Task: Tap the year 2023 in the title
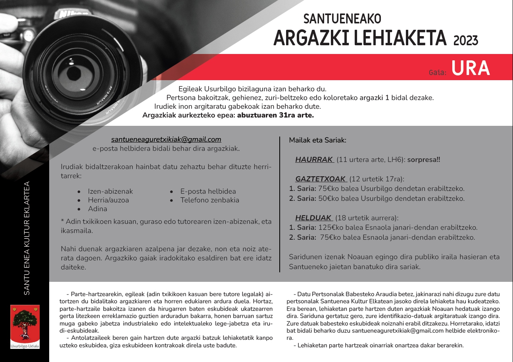[465, 40]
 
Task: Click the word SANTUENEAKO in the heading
[342, 19]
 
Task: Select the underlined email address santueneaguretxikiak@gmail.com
[166, 140]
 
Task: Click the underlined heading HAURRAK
[314, 160]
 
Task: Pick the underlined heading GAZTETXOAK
[321, 179]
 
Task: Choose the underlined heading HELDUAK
[313, 218]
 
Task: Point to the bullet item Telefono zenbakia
[209, 200]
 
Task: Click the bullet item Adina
[98, 209]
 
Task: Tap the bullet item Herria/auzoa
[108, 200]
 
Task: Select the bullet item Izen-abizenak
[110, 191]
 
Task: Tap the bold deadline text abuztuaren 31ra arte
[275, 116]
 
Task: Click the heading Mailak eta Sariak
[317, 140]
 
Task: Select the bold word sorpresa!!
[424, 160]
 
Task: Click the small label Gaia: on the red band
[438, 73]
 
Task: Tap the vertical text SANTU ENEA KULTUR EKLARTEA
[27, 238]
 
